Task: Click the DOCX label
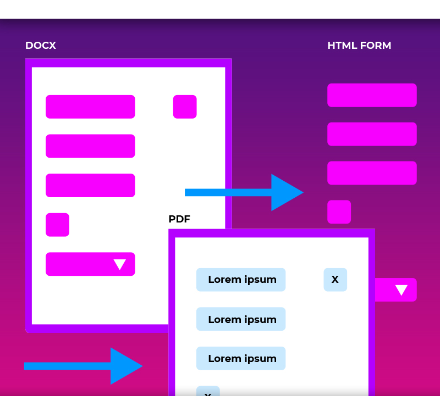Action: [41, 46]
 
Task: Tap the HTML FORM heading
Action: [359, 46]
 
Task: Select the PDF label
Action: [179, 219]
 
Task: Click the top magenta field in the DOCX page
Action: [90, 107]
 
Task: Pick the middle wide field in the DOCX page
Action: [90, 146]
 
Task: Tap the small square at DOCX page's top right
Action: [185, 107]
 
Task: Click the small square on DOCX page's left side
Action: [57, 225]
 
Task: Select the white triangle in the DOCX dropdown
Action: [120, 264]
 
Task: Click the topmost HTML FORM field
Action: [372, 95]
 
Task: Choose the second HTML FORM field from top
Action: [372, 134]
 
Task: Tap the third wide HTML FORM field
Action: [372, 173]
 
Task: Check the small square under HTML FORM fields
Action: [339, 212]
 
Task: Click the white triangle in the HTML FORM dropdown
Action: [402, 290]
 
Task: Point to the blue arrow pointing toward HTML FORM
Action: [244, 192]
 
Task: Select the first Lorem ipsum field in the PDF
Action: [241, 280]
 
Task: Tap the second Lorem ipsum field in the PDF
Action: [241, 319]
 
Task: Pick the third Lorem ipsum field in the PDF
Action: [241, 358]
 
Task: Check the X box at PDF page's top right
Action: [335, 280]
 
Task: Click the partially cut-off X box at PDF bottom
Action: [208, 391]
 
